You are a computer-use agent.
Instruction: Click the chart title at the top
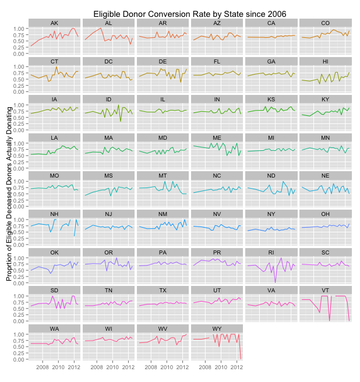tap(190, 13)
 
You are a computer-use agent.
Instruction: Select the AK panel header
tap(54, 23)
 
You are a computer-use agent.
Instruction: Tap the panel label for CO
tap(325, 23)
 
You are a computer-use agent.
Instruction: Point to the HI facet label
tap(325, 61)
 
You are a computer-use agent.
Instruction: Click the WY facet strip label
tap(217, 328)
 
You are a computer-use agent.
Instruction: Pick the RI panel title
tap(271, 252)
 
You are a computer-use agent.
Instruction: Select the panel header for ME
tap(217, 137)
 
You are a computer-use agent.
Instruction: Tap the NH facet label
tap(54, 214)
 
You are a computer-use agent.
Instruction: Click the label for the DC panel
tap(108, 61)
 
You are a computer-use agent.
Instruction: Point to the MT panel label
tap(163, 175)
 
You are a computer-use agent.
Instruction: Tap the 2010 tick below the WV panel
tap(167, 368)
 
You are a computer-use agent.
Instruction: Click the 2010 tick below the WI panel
tap(112, 368)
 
